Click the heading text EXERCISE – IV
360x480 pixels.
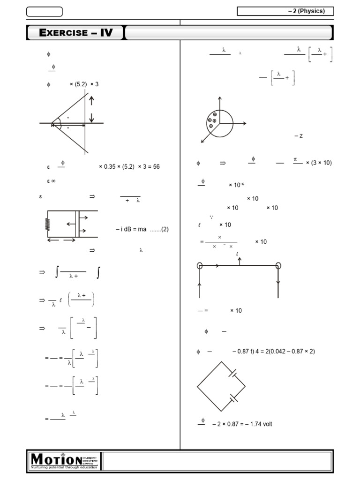coord(76,32)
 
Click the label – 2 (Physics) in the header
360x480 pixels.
coord(306,11)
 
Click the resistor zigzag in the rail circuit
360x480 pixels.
coord(47,225)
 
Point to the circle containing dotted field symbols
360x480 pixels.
coord(219,123)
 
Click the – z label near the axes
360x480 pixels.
coord(299,136)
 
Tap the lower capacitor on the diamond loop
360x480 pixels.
coord(233,398)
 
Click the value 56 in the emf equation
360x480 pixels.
coord(156,166)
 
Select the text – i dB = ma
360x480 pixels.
coord(131,229)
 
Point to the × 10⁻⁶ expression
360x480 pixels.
coord(237,185)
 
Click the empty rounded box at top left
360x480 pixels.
coord(44,11)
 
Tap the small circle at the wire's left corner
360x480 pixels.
coord(200,266)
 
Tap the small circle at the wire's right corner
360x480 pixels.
coord(278,266)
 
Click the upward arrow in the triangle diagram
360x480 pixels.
coord(92,100)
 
